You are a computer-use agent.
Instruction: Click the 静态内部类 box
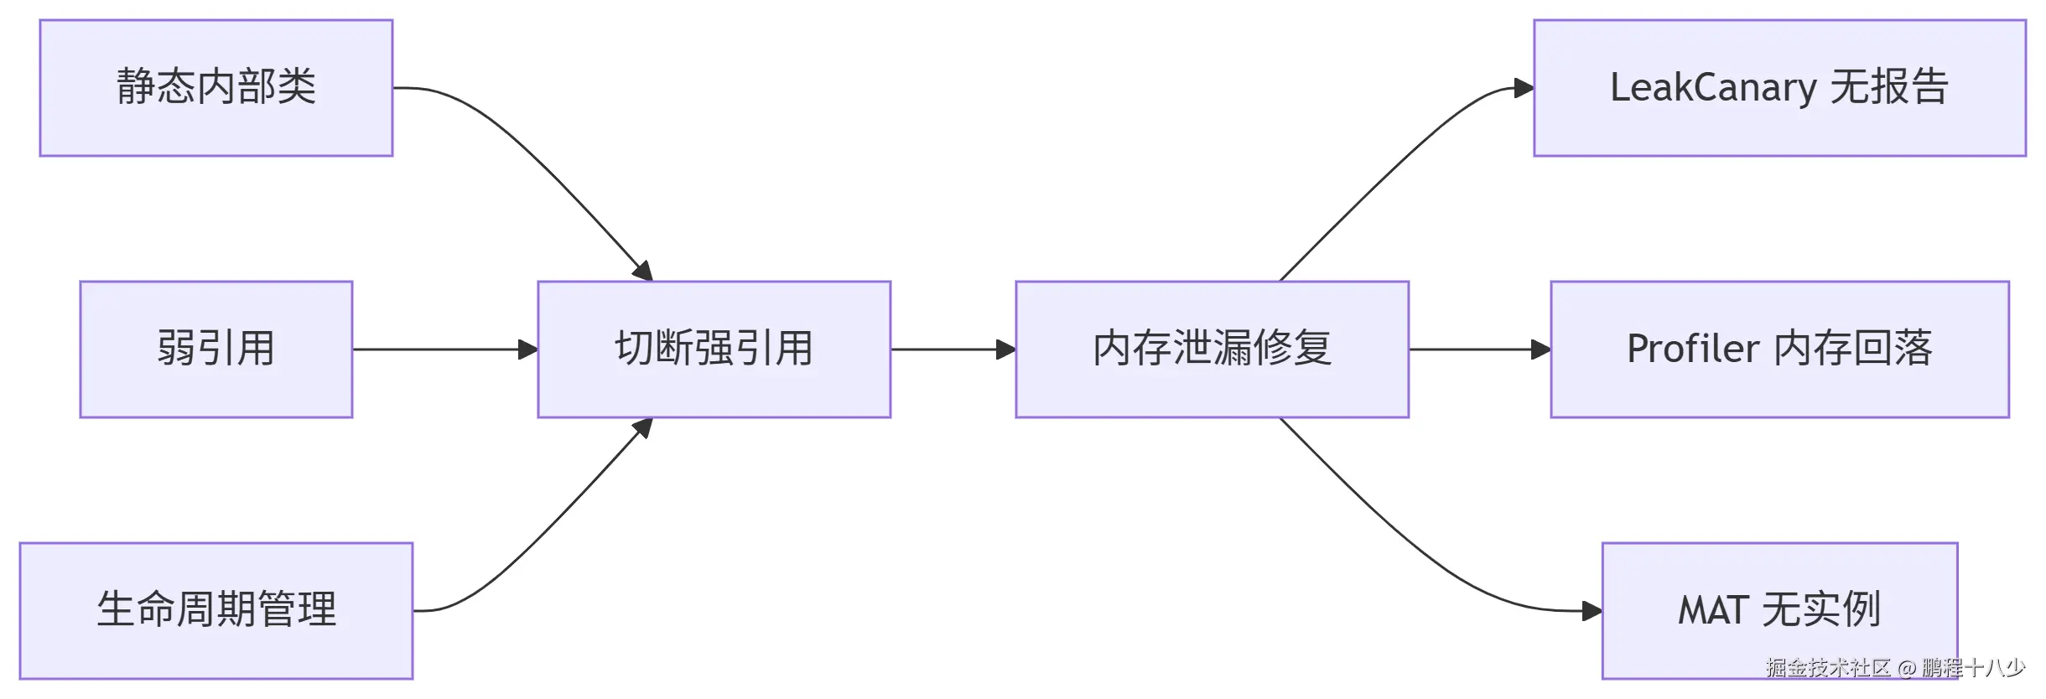tap(216, 88)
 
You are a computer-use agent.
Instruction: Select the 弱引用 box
tap(216, 349)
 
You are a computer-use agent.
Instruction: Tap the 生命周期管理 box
tap(216, 610)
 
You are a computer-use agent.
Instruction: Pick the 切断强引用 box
tap(714, 349)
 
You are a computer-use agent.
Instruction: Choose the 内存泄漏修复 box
tap(1212, 349)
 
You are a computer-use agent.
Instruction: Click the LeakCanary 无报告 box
tap(1779, 88)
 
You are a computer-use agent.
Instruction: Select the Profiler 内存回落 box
tap(1779, 349)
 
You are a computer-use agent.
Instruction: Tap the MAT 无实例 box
tap(1779, 610)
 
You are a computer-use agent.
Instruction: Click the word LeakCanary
tap(1713, 88)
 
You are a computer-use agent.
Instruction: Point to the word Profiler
tap(1693, 349)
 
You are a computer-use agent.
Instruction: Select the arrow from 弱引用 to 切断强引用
tap(444, 349)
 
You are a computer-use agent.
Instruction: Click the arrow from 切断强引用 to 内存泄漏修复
tap(953, 349)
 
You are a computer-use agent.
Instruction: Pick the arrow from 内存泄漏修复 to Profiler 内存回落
tap(1479, 349)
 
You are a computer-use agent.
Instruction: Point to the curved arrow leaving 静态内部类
tap(537, 159)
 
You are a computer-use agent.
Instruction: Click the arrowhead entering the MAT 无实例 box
tap(1592, 611)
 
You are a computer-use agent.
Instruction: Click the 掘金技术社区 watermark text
tap(1828, 668)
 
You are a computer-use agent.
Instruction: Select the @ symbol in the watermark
tap(1907, 668)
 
